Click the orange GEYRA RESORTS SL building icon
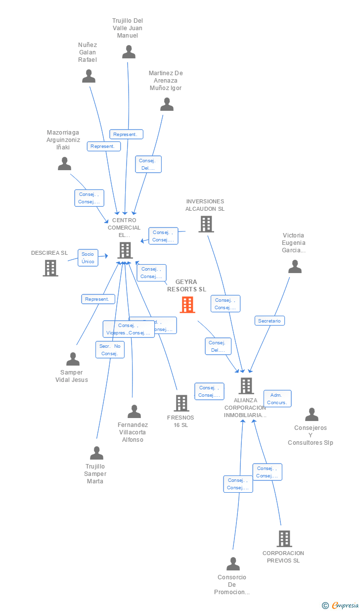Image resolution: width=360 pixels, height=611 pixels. pyautogui.click(x=187, y=305)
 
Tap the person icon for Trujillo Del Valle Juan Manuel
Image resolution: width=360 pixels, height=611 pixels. pyautogui.click(x=129, y=52)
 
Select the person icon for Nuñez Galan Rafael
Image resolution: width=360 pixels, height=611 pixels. pyautogui.click(x=89, y=76)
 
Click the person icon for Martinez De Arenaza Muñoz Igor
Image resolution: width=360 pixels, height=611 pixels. pyautogui.click(x=167, y=104)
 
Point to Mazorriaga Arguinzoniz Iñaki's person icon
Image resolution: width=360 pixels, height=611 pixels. pyautogui.click(x=64, y=164)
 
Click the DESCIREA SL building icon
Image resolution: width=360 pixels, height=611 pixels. pyautogui.click(x=50, y=268)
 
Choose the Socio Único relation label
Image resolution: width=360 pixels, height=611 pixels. pyautogui.click(x=88, y=258)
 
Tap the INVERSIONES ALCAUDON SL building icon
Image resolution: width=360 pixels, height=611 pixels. pyautogui.click(x=206, y=224)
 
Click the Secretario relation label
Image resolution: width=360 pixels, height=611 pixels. pyautogui.click(x=270, y=321)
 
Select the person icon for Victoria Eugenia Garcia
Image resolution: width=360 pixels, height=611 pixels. pyautogui.click(x=295, y=267)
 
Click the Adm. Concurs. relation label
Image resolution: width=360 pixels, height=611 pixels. pyautogui.click(x=277, y=398)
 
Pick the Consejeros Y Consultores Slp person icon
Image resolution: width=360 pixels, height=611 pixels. pyautogui.click(x=312, y=415)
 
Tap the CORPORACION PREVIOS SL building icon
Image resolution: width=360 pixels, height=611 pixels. pyautogui.click(x=284, y=539)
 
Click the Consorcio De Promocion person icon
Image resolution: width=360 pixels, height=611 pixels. pyautogui.click(x=233, y=564)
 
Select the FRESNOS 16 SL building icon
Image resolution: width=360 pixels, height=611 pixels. pyautogui.click(x=181, y=403)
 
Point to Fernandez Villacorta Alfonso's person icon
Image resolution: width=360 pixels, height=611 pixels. pyautogui.click(x=134, y=412)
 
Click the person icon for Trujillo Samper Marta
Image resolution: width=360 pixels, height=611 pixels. pyautogui.click(x=96, y=453)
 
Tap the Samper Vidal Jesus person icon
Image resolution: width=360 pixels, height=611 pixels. pyautogui.click(x=73, y=359)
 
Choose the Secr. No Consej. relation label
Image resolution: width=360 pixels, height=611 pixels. pyautogui.click(x=110, y=350)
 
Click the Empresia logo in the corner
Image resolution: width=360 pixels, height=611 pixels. pyautogui.click(x=345, y=605)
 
